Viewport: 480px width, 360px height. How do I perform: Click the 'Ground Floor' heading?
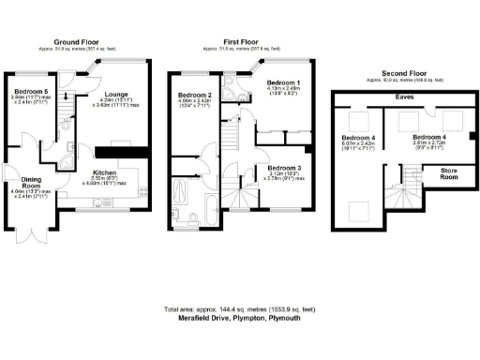(x=78, y=42)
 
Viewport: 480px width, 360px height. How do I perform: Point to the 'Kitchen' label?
(x=103, y=173)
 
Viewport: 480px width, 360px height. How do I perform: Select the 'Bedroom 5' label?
(x=27, y=91)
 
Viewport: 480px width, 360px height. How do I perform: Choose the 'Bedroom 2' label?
(x=195, y=95)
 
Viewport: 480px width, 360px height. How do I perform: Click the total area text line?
(x=240, y=308)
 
